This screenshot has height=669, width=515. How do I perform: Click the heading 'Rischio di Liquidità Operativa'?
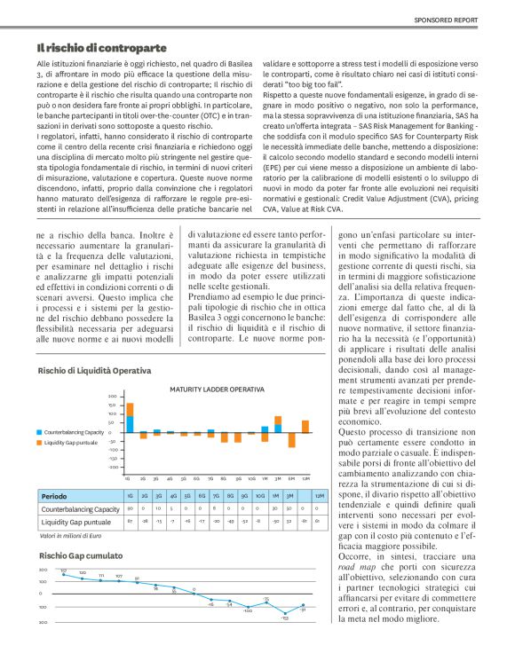pyautogui.click(x=94, y=370)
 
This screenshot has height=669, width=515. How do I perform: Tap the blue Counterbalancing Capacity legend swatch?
pyautogui.click(x=40, y=431)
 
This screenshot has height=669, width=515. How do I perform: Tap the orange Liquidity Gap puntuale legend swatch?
pyautogui.click(x=40, y=442)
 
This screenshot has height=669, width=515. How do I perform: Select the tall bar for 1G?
pyautogui.click(x=130, y=417)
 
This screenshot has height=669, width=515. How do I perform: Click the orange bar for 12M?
pyautogui.click(x=305, y=426)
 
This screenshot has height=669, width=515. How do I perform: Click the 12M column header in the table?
pyautogui.click(x=319, y=496)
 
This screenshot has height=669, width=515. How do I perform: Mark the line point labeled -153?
pyautogui.click(x=285, y=613)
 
